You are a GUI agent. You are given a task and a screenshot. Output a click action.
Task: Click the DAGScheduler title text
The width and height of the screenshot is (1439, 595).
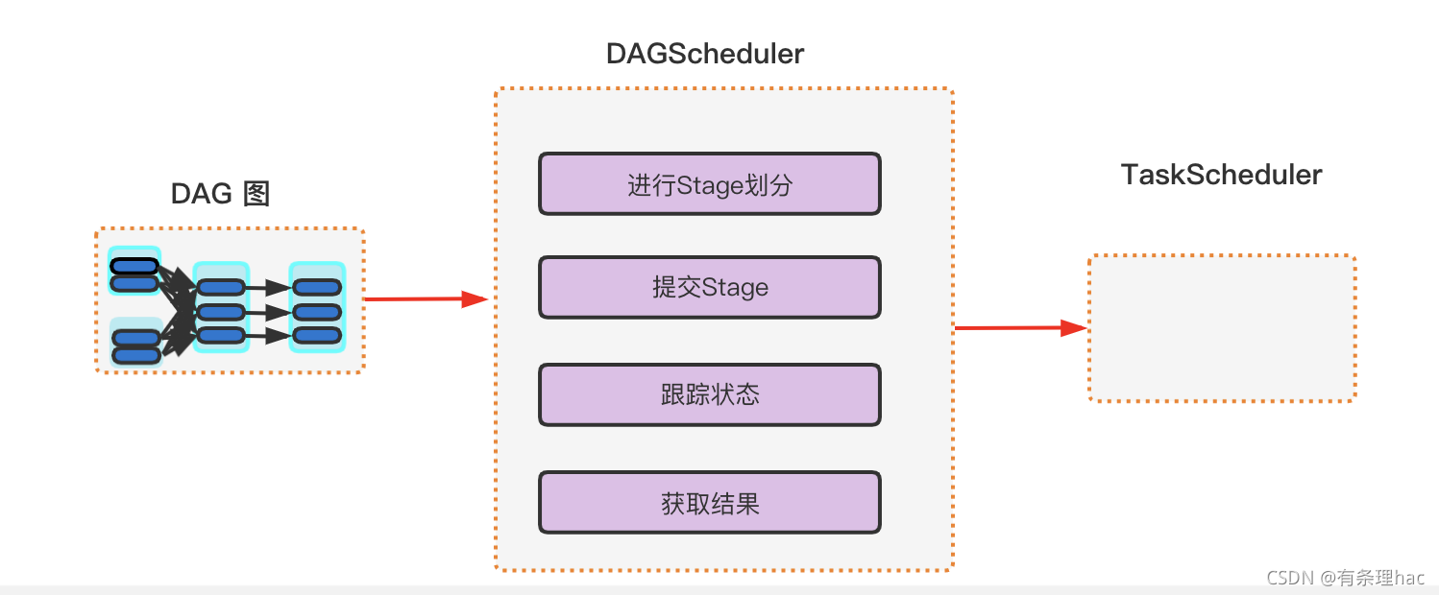(704, 55)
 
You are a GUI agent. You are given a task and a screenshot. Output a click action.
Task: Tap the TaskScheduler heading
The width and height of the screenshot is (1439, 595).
(1221, 175)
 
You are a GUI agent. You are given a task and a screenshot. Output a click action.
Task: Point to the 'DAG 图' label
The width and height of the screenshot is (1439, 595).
(220, 194)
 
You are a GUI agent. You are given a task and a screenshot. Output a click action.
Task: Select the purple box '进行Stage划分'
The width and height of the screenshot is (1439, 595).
(709, 184)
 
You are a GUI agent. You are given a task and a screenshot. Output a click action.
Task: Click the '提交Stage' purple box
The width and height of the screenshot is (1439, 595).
(709, 287)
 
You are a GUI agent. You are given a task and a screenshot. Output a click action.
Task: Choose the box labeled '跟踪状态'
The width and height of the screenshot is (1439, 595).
(709, 394)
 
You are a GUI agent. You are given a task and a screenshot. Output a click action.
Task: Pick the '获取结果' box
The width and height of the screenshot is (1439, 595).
(709, 503)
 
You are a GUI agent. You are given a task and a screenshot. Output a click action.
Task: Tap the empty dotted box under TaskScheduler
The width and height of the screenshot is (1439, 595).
(1221, 328)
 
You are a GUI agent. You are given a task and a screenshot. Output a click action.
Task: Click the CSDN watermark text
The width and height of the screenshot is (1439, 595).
(1345, 577)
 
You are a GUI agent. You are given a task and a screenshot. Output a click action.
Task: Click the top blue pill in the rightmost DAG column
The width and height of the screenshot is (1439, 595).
(317, 287)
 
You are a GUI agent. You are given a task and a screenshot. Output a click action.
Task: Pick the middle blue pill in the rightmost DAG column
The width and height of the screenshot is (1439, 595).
(317, 312)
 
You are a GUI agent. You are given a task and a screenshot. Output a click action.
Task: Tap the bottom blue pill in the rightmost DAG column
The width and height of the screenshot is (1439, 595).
(317, 335)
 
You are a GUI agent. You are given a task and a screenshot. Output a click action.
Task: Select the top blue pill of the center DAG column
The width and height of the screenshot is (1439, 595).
(221, 287)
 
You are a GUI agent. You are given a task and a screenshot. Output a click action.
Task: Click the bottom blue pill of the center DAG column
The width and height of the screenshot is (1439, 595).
(221, 335)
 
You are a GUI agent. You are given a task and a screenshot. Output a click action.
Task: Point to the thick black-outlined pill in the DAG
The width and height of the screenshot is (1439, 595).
(134, 266)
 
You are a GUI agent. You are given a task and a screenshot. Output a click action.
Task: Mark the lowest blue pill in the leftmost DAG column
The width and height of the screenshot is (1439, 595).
(136, 355)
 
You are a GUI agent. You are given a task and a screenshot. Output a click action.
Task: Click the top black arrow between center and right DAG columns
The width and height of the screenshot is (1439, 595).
(269, 287)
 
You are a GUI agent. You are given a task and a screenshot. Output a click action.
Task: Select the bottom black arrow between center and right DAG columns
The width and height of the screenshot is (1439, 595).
(269, 335)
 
